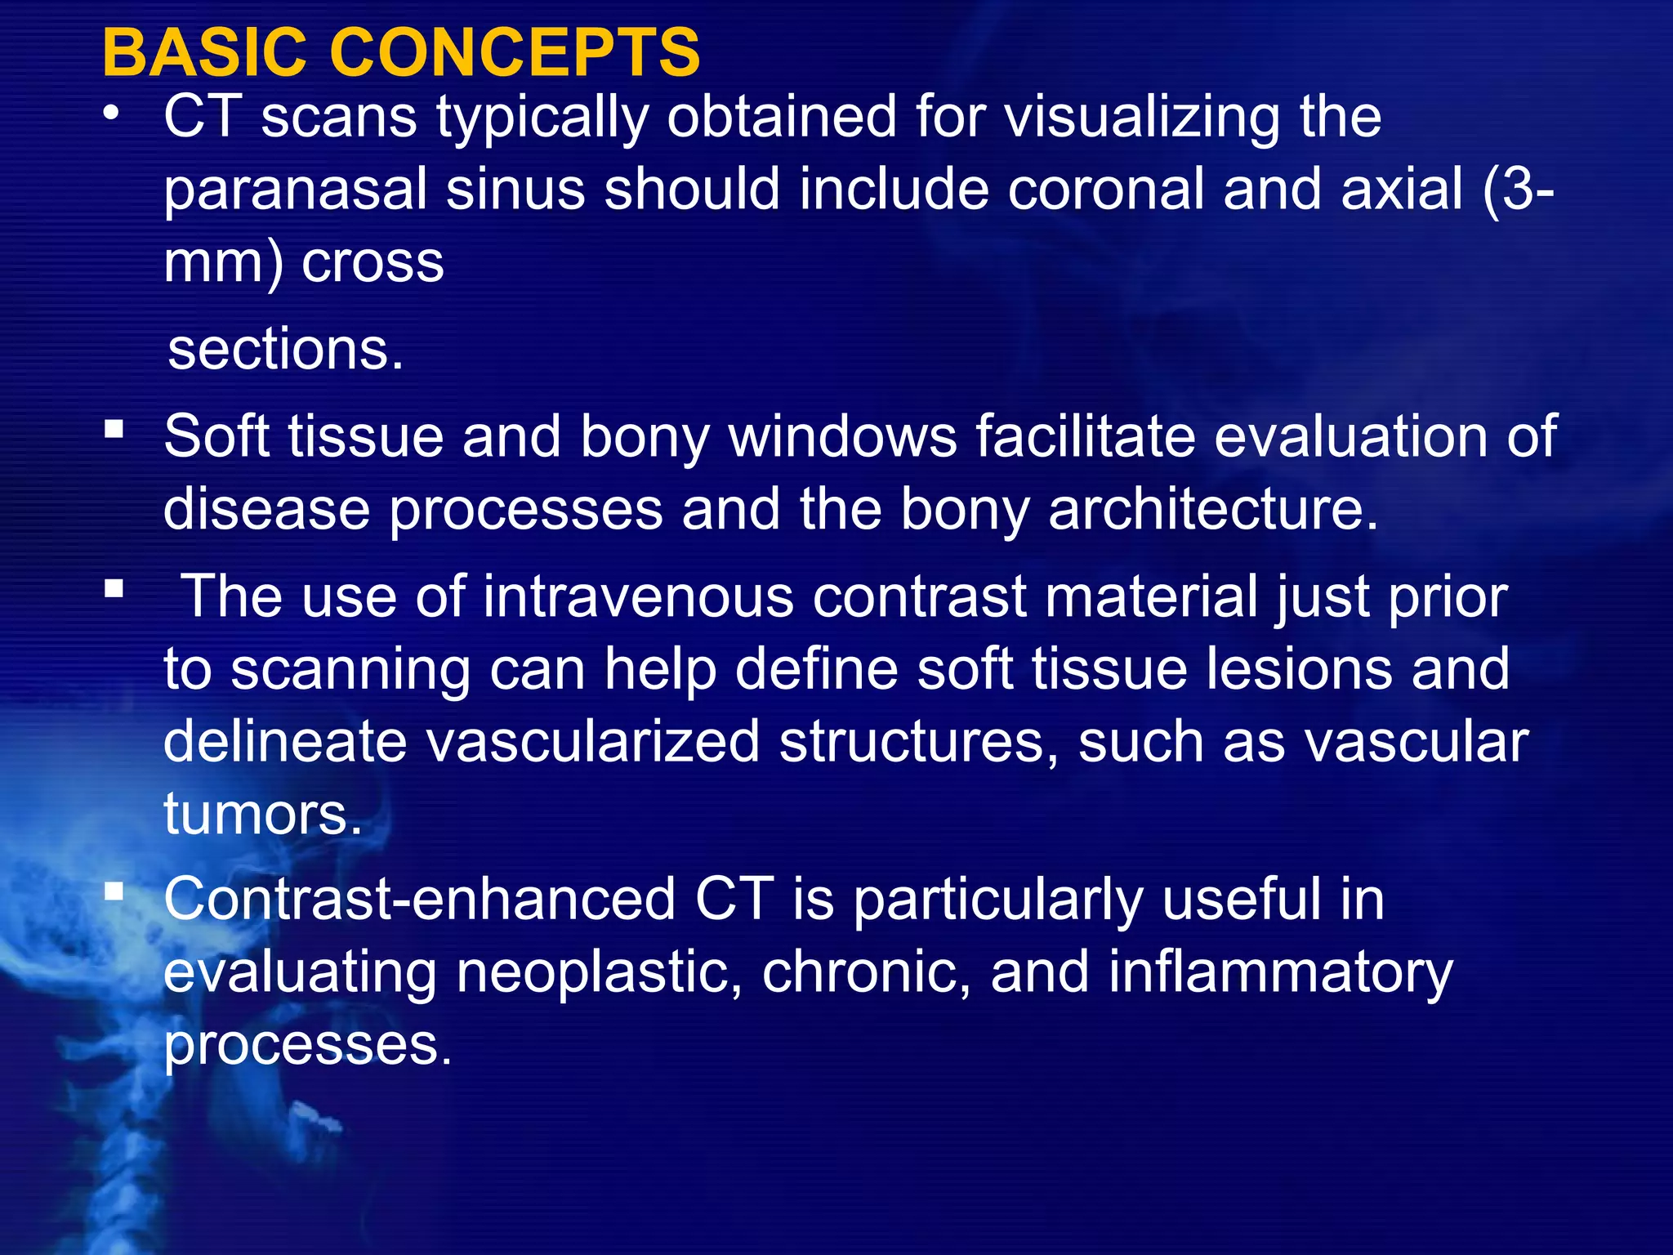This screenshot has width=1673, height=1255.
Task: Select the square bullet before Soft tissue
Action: click(x=114, y=428)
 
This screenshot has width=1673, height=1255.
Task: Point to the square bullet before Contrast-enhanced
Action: click(x=114, y=891)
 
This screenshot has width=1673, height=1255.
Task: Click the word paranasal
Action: click(x=295, y=190)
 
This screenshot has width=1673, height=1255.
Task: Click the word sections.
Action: click(x=285, y=350)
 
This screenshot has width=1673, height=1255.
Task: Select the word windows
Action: click(x=842, y=436)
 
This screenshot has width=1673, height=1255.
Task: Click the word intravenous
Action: click(x=638, y=596)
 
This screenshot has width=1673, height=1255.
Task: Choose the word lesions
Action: click(x=1299, y=669)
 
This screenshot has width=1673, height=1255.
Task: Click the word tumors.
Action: click(x=262, y=814)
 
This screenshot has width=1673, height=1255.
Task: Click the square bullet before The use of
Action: click(x=114, y=588)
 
